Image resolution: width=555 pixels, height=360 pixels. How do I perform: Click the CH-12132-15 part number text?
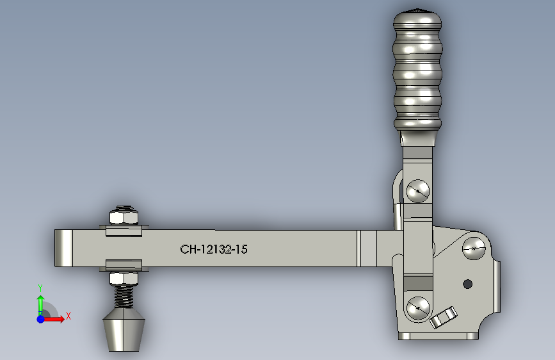coord(214,249)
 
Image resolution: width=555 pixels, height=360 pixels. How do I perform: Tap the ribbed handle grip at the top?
coord(417,70)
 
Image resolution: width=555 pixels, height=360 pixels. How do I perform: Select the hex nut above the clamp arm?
coord(124,216)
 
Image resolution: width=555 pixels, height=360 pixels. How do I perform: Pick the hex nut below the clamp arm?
coord(124,278)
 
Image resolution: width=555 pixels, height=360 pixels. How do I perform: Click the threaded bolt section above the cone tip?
coord(125,295)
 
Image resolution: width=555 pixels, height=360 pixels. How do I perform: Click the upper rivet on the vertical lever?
coord(418,190)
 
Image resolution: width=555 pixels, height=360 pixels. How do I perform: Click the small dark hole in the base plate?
coord(467,284)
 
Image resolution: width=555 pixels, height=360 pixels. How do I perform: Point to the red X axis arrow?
coord(55,318)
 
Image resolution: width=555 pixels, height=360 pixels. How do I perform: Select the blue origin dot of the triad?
coord(40,318)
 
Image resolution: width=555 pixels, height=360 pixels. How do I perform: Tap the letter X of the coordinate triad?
coord(68,316)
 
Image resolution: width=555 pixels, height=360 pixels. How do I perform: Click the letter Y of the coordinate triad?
coord(40,288)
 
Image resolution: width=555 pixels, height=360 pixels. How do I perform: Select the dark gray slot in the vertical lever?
coord(418,282)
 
